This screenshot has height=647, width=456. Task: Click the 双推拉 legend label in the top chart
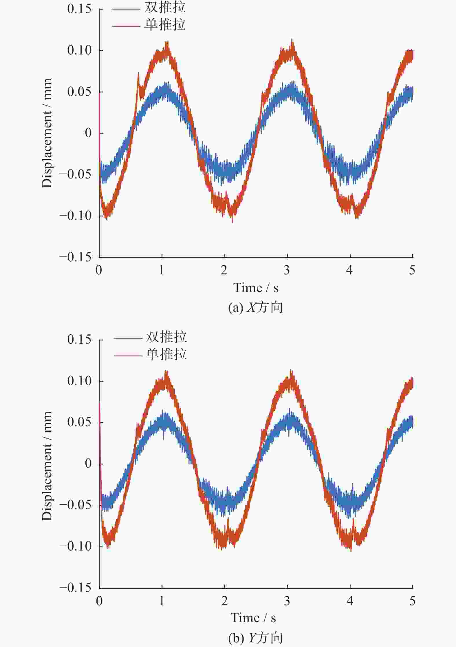coord(165,8)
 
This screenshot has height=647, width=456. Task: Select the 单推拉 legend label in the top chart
coord(165,25)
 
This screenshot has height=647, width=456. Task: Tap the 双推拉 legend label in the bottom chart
coord(166,337)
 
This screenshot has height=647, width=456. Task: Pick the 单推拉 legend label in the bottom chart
coord(166,354)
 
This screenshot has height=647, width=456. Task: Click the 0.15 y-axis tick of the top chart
coord(79,9)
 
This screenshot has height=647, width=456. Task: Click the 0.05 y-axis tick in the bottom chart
coord(79,422)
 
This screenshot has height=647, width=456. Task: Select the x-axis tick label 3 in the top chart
coord(287,270)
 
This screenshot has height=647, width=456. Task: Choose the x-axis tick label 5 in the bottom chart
coord(412,601)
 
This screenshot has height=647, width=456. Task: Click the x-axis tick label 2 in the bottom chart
coord(224,601)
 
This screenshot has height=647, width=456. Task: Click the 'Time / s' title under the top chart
coord(256,288)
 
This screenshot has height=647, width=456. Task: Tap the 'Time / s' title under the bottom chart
coord(253,618)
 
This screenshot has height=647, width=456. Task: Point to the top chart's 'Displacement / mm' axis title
coord(47,133)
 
